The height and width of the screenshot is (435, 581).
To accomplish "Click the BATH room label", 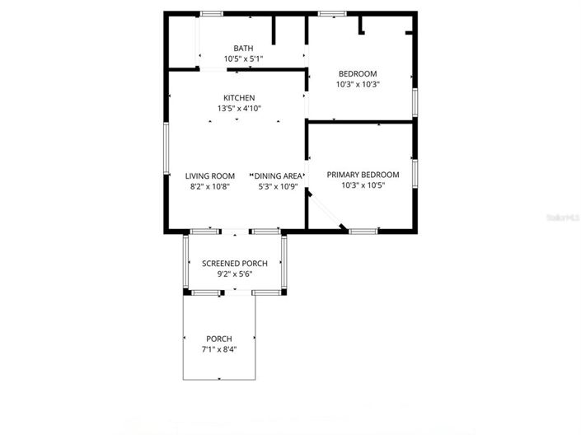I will tap(243, 49).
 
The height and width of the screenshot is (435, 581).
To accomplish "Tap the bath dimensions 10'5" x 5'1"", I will tap(243, 59).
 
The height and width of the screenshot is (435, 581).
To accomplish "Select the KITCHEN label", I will tap(238, 98).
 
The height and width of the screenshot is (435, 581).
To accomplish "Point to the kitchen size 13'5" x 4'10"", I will tap(238, 109).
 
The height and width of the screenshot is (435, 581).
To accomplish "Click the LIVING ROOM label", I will tap(209, 175).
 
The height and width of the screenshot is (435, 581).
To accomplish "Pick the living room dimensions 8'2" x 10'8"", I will tap(209, 186).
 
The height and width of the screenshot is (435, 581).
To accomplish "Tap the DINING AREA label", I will tap(278, 175).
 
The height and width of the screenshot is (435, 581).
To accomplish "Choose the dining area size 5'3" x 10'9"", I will tap(278, 186).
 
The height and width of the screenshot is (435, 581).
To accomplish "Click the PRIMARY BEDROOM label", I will tap(363, 175).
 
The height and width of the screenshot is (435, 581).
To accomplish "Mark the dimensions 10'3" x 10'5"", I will tap(363, 185).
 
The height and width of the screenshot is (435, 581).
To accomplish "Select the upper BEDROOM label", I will tap(357, 74).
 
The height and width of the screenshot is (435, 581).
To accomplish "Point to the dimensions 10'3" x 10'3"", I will tap(357, 85).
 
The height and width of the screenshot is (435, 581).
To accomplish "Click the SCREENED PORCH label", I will tap(234, 264).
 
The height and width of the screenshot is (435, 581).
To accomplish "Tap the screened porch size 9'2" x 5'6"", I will tap(234, 274).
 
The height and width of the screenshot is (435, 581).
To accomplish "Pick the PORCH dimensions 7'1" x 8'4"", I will tap(218, 349).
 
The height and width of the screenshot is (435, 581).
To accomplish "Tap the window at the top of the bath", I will tap(212, 14).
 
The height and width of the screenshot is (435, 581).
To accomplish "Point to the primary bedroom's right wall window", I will tap(415, 173).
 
